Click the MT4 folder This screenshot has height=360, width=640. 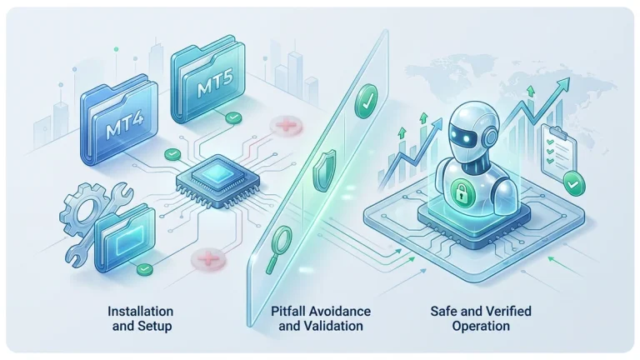click(x=119, y=120)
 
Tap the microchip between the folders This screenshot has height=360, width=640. click(x=218, y=179)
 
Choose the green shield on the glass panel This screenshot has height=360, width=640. click(x=324, y=170)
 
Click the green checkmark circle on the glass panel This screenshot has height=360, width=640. click(x=366, y=101)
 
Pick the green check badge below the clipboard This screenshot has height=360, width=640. click(x=574, y=183)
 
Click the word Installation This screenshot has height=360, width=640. click(x=140, y=312)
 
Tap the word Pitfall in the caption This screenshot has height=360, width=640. click(x=288, y=312)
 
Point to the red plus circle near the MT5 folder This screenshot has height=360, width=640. click(x=287, y=125)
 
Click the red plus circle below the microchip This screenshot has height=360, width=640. click(x=208, y=258)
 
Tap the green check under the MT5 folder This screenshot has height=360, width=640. click(x=233, y=118)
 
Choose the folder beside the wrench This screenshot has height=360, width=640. click(x=125, y=238)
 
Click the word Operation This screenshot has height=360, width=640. click(x=481, y=326)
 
